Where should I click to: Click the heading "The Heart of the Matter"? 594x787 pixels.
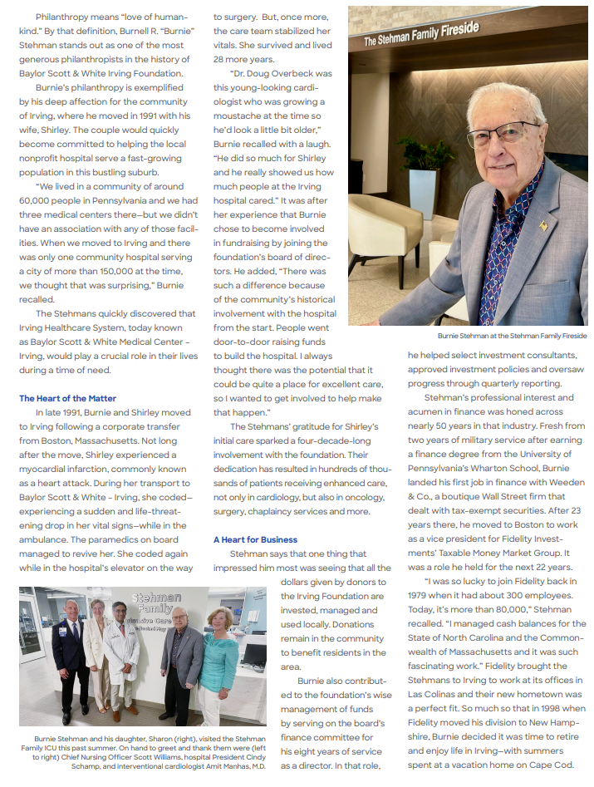click(x=67, y=398)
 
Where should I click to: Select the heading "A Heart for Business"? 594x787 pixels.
click(x=255, y=539)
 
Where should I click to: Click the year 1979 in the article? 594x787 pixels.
click(x=420, y=595)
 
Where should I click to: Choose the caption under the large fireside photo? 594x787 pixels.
click(x=513, y=336)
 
